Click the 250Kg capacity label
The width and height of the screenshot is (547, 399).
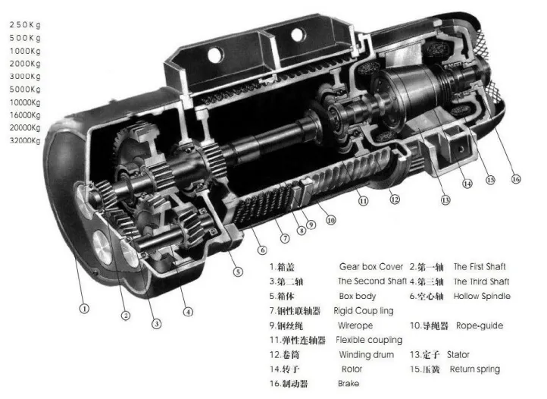(25, 25)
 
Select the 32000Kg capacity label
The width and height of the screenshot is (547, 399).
(25, 140)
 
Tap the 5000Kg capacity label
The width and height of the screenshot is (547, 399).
(25, 89)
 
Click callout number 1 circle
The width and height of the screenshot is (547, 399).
(84, 309)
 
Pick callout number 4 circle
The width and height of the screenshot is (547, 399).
(188, 312)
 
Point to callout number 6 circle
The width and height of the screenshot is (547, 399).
(262, 250)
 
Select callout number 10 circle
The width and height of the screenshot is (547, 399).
(331, 220)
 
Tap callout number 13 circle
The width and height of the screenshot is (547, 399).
(445, 199)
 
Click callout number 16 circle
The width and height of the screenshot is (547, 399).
(516, 179)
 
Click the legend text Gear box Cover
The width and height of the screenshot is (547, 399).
(370, 267)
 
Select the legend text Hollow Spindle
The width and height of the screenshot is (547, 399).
(482, 297)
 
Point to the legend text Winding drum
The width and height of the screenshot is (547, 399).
(366, 355)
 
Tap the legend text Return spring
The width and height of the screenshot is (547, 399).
(475, 369)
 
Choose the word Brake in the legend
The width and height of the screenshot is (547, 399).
(349, 383)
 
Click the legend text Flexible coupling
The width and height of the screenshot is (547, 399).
(369, 340)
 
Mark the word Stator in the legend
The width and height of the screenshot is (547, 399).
(458, 355)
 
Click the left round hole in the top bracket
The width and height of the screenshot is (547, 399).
(215, 55)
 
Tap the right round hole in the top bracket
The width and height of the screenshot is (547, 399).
(298, 35)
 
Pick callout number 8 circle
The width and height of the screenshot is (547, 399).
(302, 231)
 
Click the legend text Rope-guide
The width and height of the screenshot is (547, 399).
(480, 325)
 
